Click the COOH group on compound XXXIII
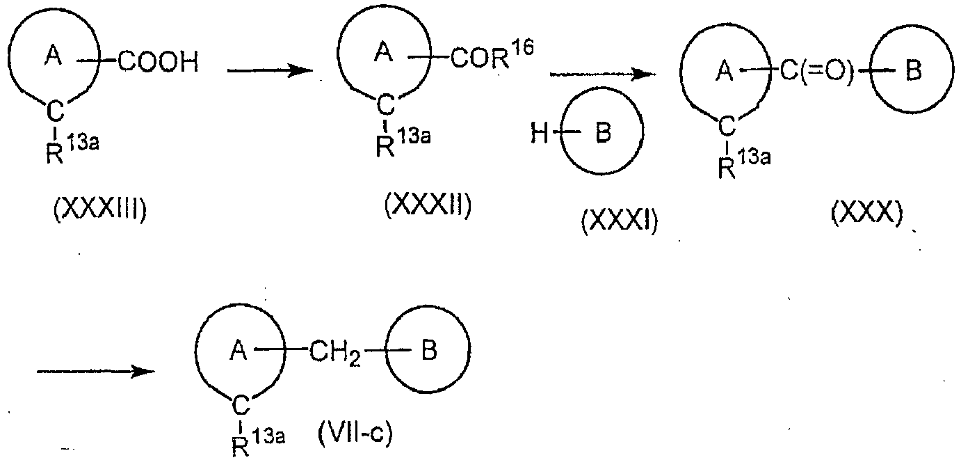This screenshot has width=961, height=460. point(158,62)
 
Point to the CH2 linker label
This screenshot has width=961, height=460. point(334,353)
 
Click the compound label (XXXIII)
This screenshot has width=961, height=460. point(100,210)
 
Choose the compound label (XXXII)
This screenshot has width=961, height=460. point(428,205)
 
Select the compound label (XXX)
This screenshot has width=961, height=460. point(867,214)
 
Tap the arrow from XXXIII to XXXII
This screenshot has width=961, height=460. point(270,71)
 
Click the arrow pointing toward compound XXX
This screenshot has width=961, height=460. point(603,74)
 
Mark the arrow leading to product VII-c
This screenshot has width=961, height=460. point(96,372)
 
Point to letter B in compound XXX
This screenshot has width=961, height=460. point(913,71)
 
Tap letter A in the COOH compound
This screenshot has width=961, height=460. point(54,56)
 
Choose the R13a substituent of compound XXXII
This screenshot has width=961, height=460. point(403,143)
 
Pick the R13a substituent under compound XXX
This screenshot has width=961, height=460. point(744,164)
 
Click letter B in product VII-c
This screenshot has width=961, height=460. point(429,350)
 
